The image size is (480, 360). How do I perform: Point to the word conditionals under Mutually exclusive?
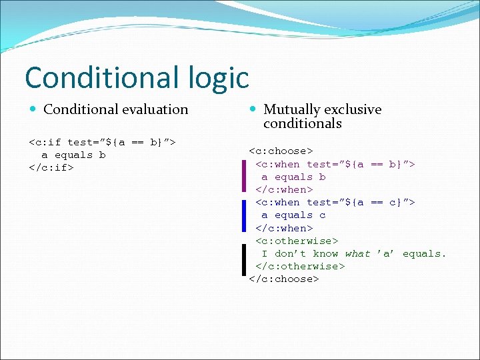[302, 123]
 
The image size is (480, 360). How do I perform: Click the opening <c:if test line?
[102, 142]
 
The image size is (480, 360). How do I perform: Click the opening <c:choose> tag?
[281, 151]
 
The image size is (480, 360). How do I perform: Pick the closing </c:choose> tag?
[284, 279]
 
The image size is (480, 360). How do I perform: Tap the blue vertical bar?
[245, 215]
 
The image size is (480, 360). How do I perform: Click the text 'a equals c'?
[293, 215]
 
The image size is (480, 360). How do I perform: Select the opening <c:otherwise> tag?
[297, 241]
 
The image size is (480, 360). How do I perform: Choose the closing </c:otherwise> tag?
[300, 266]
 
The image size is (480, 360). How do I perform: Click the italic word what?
[357, 253]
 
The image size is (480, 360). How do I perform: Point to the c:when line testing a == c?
[335, 202]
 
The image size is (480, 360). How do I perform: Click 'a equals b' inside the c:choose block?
[293, 177]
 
